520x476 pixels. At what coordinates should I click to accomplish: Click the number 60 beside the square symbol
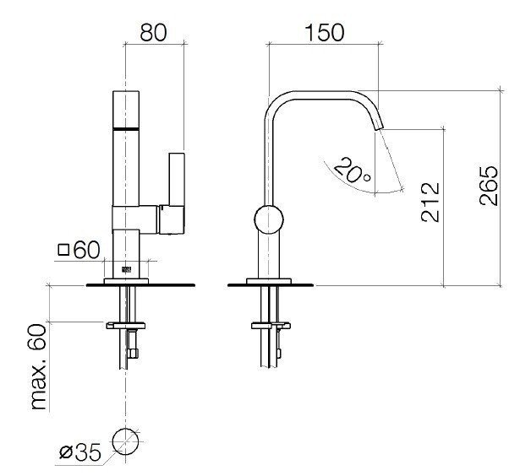(x=87, y=250)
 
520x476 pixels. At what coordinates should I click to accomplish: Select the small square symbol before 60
(x=63, y=251)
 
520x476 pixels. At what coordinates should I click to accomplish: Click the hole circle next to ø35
(x=125, y=441)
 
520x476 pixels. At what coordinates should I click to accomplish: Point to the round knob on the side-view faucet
(x=269, y=220)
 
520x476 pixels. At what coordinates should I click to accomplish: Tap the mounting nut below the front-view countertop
(x=125, y=323)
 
